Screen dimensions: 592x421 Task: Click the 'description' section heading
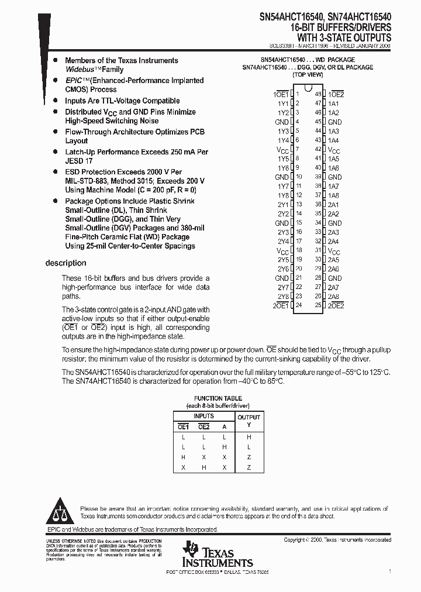pos(65,263)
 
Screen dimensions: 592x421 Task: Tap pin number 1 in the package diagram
pos(298,94)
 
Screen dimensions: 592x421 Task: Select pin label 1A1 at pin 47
pos(333,104)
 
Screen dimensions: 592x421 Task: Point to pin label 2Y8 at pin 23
pos(283,296)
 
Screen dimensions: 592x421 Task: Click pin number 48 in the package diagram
pos(318,94)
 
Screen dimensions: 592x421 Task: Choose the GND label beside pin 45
pos(334,122)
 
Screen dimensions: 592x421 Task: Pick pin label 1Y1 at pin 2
pos(283,104)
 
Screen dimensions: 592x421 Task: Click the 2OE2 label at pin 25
pos(336,305)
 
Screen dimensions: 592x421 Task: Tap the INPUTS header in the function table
pos(203,416)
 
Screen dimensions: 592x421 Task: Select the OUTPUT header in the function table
pos(249,417)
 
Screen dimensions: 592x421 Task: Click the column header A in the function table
pos(224,427)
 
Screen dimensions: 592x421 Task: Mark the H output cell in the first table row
pos(249,437)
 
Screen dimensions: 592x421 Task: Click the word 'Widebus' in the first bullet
pos(80,70)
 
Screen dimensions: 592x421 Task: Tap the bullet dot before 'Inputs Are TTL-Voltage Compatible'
pos(55,101)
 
